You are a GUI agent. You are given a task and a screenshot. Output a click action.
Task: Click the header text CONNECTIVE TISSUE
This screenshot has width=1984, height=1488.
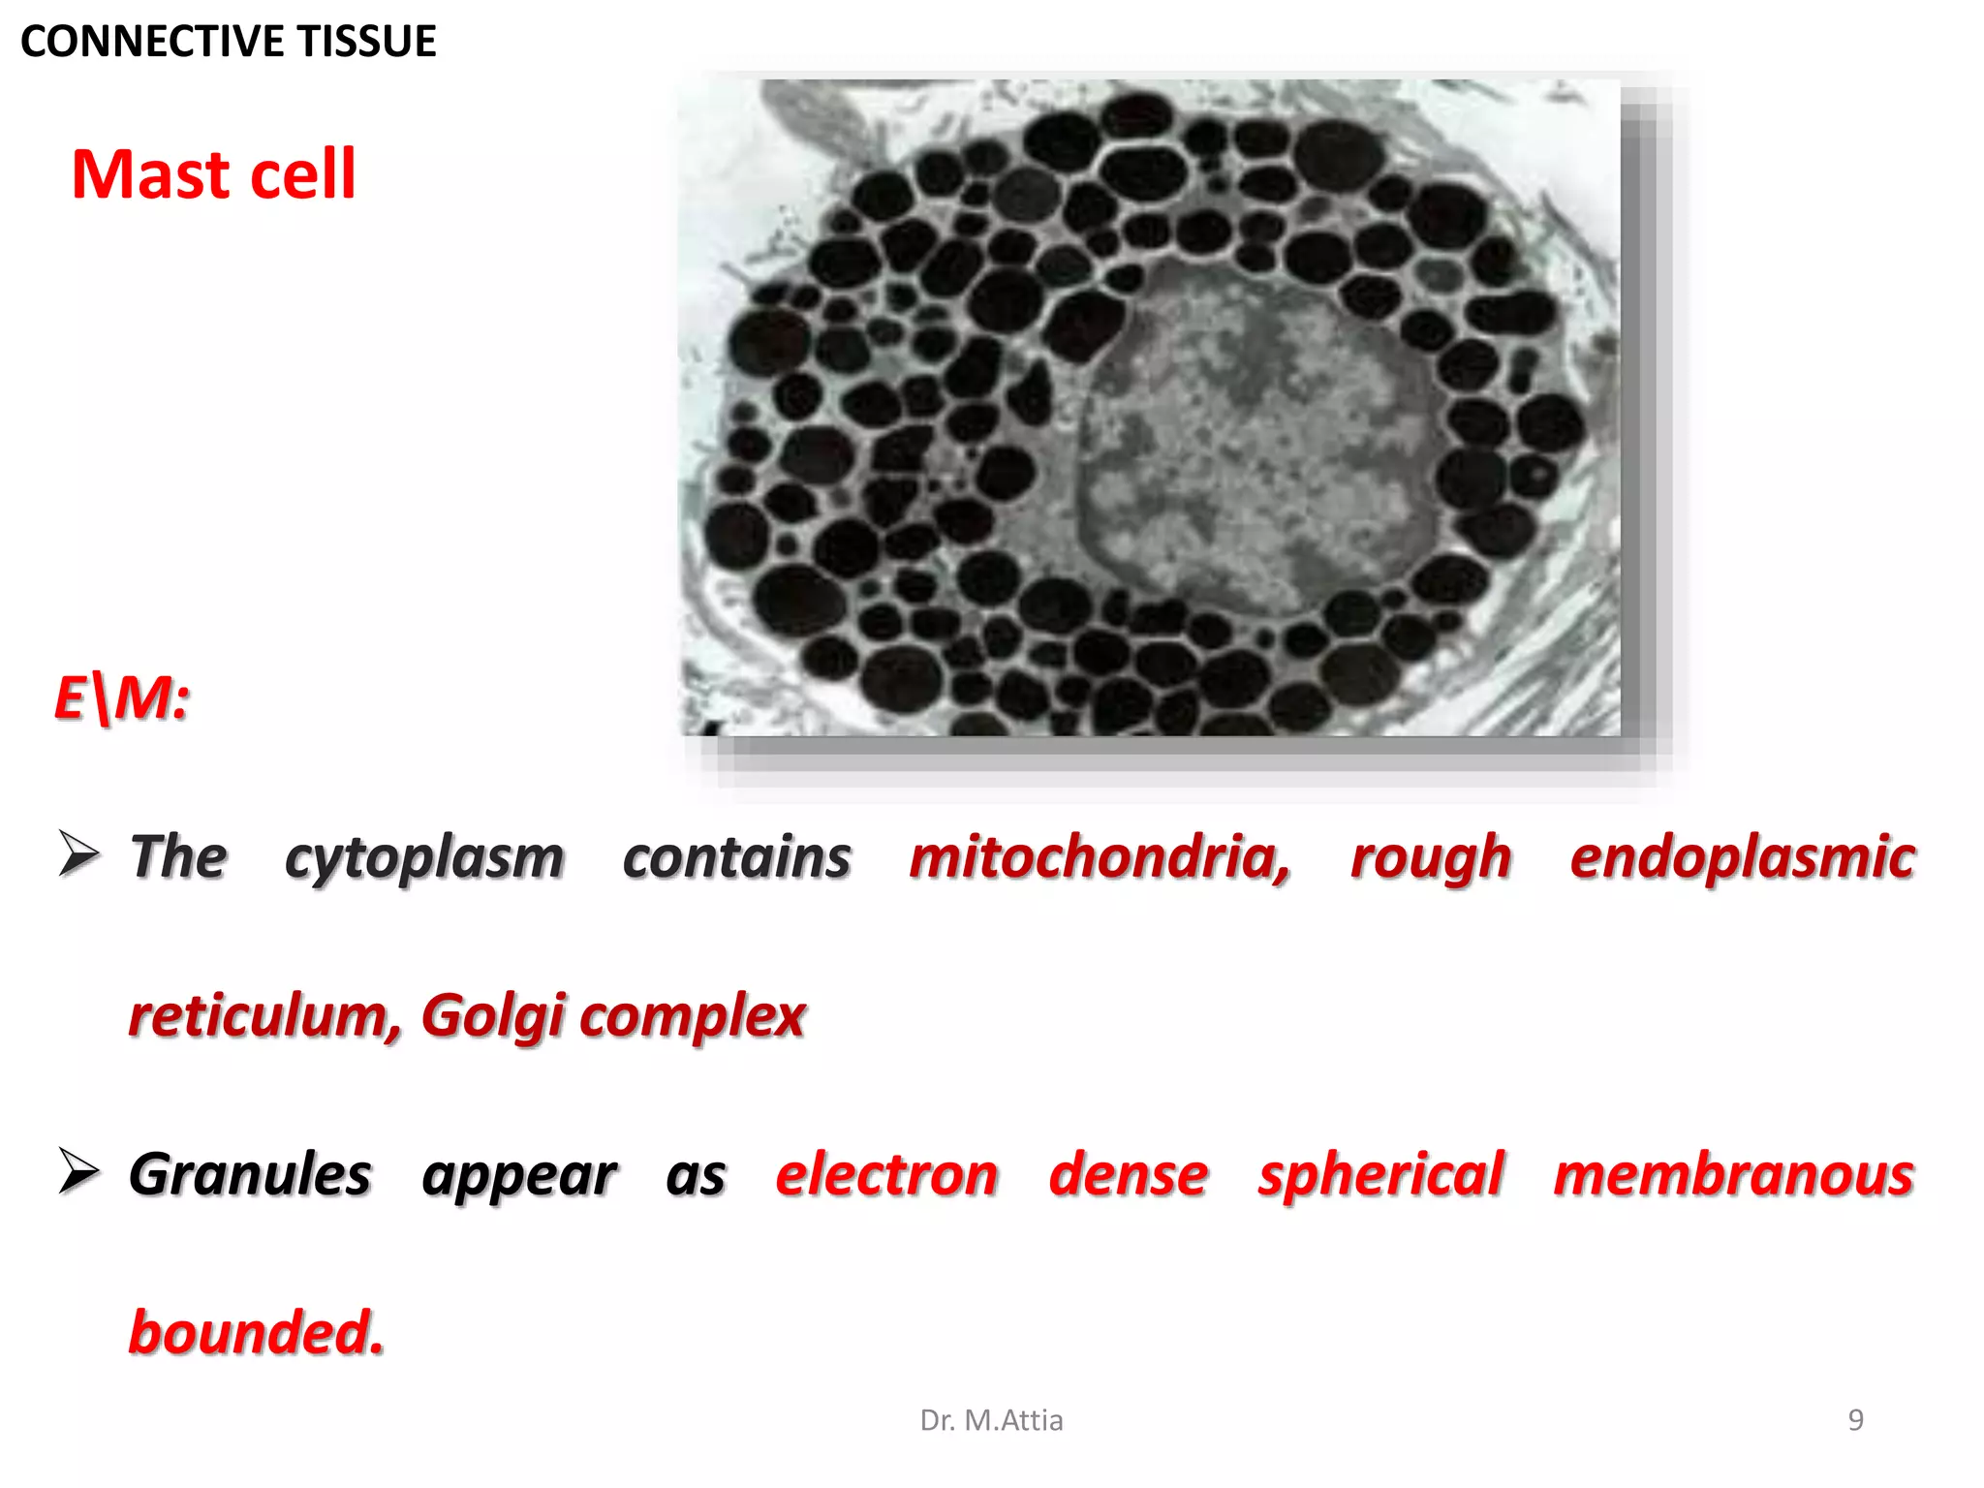click(229, 42)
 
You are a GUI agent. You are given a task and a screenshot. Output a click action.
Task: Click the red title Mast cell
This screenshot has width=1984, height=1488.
click(214, 175)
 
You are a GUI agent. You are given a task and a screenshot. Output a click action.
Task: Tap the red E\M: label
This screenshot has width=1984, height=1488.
click(122, 697)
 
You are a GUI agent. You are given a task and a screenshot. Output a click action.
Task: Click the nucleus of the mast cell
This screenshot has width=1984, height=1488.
click(1259, 446)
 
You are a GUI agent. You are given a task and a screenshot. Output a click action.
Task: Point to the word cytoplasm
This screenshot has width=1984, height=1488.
click(424, 858)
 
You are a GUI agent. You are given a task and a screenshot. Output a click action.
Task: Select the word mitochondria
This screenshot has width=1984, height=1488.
click(1100, 858)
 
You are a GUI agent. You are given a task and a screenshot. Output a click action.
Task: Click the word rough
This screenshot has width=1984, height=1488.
click(1431, 858)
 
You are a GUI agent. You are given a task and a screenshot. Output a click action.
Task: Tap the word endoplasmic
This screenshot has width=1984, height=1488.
click(1742, 858)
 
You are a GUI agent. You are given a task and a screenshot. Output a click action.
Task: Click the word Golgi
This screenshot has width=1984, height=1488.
click(492, 1016)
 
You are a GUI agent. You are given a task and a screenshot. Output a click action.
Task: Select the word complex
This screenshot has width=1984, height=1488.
click(693, 1016)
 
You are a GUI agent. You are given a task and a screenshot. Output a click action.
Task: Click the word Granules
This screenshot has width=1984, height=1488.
click(250, 1175)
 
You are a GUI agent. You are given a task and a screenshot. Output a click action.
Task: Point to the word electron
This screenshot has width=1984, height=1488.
click(886, 1175)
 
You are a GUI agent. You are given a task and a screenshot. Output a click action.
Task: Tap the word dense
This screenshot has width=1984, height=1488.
click(1129, 1175)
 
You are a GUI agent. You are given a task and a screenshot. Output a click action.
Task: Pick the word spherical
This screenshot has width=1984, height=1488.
click(1380, 1175)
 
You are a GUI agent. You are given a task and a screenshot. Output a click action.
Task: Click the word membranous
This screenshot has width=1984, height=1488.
click(1734, 1175)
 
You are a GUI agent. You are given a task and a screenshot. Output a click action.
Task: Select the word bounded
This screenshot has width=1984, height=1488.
click(256, 1333)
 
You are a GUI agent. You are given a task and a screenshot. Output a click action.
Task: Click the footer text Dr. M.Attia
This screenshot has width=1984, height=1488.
click(991, 1420)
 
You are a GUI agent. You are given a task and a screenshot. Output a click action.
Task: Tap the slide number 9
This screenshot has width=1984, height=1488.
click(1855, 1420)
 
